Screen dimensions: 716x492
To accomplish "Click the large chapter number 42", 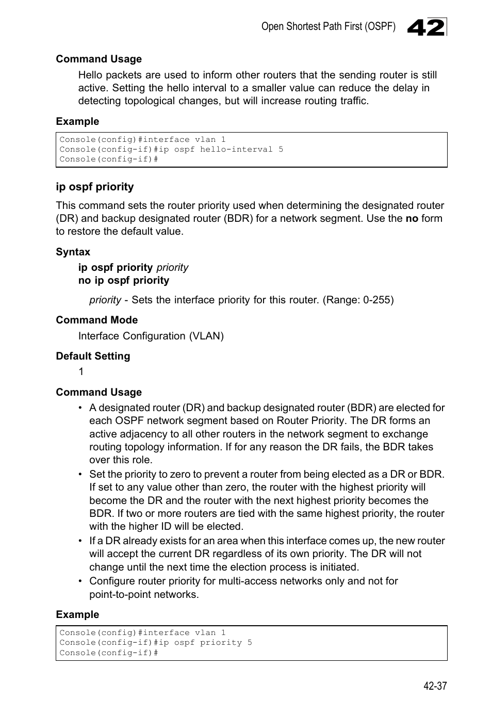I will (425, 27).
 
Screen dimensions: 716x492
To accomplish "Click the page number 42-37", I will (435, 686).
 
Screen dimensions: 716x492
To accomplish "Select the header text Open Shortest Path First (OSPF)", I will (328, 26).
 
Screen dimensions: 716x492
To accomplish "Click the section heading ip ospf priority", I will (94, 187).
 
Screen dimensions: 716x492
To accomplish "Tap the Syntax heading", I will (73, 252).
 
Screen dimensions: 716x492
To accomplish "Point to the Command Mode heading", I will (96, 320).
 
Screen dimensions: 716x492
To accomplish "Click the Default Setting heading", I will (93, 356).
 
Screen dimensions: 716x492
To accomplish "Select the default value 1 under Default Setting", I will (81, 371).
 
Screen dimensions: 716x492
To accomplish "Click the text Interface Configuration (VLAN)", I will (151, 336).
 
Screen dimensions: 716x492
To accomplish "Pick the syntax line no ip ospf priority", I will (124, 280).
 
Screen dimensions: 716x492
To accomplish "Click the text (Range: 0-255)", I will (358, 300).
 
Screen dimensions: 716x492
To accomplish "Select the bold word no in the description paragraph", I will (412, 218).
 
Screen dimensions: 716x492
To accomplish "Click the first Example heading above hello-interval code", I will (77, 121).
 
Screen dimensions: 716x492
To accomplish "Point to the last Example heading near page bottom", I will (77, 614).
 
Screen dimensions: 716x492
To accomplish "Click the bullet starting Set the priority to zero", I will (266, 500).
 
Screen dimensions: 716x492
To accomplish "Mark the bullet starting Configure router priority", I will (243, 587).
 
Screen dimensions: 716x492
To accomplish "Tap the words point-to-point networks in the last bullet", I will (143, 594).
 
